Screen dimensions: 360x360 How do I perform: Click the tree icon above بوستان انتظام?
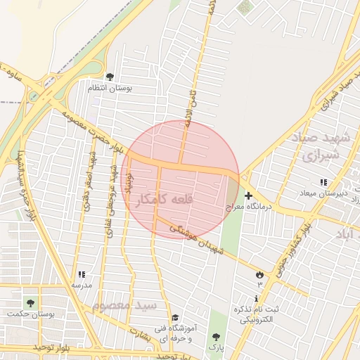tap(109, 77)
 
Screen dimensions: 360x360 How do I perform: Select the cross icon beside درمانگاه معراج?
tap(248, 196)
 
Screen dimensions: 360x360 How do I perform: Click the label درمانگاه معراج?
tap(247, 208)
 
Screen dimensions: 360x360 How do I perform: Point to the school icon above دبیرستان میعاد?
tap(323, 182)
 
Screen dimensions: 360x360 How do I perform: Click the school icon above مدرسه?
tap(82, 274)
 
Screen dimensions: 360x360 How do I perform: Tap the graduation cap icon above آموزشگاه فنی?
tap(174, 318)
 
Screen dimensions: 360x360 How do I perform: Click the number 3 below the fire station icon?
tap(259, 284)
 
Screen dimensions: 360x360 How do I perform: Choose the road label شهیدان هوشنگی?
tap(198, 240)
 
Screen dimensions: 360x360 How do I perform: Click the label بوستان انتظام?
tap(105, 88)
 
